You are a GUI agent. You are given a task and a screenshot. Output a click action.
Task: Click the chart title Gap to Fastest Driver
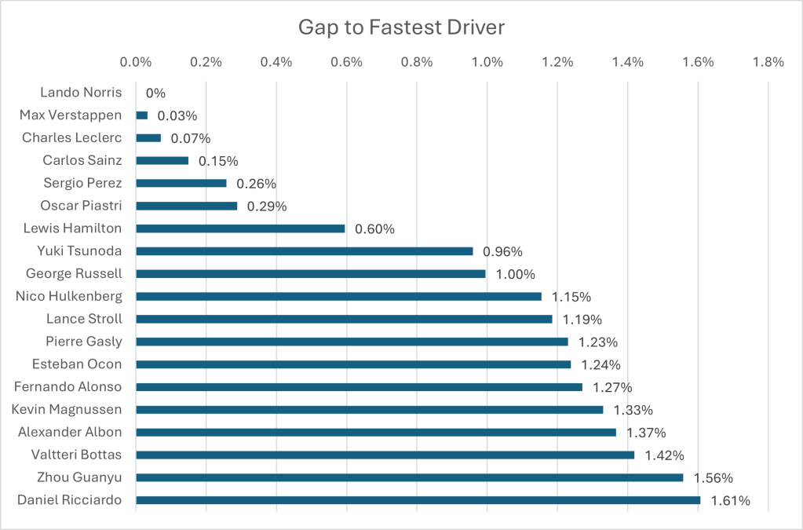pos(401,27)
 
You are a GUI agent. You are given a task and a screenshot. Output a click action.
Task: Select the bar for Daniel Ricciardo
pos(418,500)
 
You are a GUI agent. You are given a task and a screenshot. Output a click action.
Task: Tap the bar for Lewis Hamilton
pos(240,228)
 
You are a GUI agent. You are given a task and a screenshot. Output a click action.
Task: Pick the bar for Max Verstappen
pos(142,115)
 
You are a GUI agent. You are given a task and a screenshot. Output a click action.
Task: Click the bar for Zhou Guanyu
pos(409,477)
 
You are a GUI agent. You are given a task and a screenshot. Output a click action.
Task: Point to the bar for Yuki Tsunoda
pos(305,251)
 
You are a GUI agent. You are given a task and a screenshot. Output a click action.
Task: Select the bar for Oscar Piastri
pos(187,206)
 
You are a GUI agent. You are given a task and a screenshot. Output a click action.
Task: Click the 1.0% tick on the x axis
pos(487,62)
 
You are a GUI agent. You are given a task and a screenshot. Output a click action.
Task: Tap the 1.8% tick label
pos(768,62)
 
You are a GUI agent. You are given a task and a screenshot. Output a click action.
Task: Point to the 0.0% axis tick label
pos(137,62)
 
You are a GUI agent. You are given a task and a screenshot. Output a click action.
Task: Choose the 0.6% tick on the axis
pos(347,62)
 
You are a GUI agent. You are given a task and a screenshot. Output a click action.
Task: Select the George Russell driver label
pos(74,274)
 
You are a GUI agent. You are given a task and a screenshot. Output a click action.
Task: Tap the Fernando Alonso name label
pos(68,387)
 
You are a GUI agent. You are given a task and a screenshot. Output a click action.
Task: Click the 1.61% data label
pos(731,501)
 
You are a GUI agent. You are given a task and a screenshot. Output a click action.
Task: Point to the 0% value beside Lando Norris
pos(155,93)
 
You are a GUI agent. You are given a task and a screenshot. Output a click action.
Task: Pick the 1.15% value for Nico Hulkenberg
pos(571,297)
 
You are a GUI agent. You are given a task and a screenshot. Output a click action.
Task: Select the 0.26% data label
pos(256,184)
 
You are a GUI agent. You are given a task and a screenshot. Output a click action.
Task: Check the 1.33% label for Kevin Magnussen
pos(633,410)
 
